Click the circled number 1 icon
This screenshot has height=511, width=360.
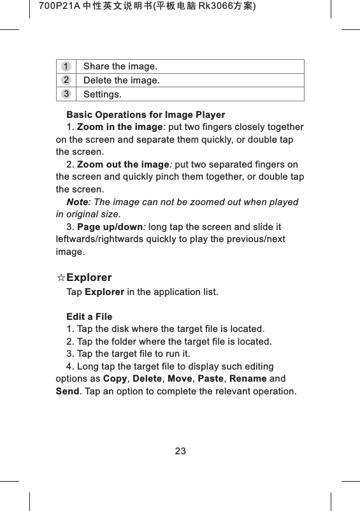[66, 66]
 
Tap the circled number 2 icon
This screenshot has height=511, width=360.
[66, 80]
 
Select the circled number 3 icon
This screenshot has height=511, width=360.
[66, 94]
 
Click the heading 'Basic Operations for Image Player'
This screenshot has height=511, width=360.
[145, 115]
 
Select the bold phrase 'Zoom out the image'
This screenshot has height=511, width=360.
[119, 165]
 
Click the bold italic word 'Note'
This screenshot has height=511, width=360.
[77, 203]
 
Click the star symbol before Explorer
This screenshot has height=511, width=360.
[61, 278]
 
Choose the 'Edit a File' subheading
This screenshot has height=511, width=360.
[89, 317]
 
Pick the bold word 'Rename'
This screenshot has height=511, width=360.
[248, 379]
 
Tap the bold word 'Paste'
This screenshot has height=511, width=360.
[211, 379]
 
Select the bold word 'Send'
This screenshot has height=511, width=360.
[67, 391]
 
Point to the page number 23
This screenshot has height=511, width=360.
[180, 451]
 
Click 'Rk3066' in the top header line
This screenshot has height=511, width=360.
[198, 7]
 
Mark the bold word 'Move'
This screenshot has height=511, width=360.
[178, 379]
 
